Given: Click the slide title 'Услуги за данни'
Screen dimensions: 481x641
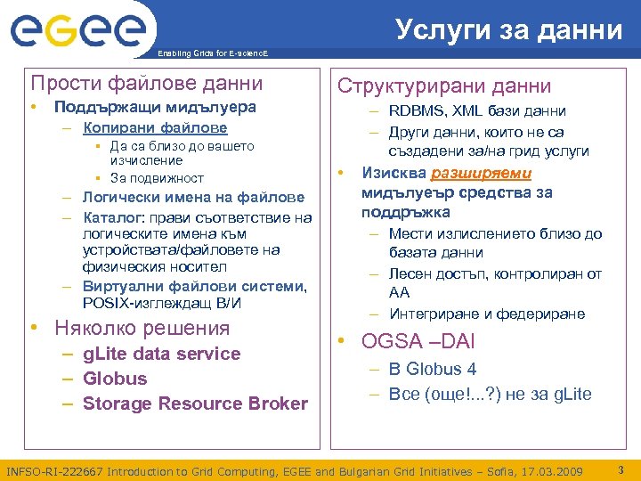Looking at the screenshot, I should pyautogui.click(x=509, y=29).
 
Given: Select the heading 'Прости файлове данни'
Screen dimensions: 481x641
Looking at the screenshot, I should pyautogui.click(x=147, y=84).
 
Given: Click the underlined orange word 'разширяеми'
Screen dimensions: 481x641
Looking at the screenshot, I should pyautogui.click(x=482, y=173).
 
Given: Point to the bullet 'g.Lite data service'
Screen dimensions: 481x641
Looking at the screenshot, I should pyautogui.click(x=161, y=354).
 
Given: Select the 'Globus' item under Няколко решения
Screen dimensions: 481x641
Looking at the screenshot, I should pyautogui.click(x=115, y=379).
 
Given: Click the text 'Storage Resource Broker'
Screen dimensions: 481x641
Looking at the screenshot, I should pyautogui.click(x=195, y=404).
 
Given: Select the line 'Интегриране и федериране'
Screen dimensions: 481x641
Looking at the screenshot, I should pyautogui.click(x=487, y=314).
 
